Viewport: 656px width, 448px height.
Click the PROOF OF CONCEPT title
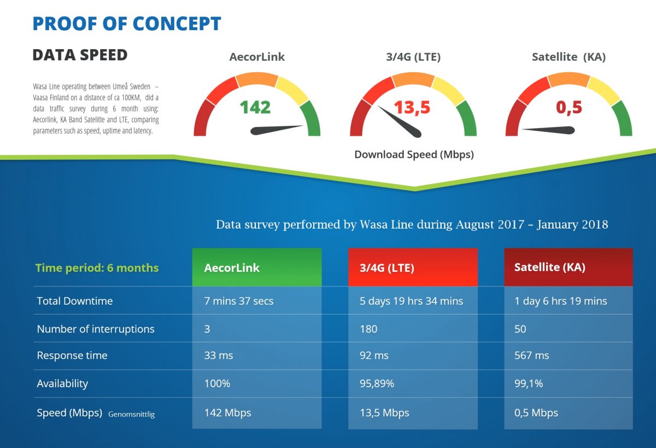[127, 24]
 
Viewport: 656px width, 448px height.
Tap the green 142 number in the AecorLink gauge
[255, 107]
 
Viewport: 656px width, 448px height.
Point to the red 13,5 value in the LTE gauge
[412, 107]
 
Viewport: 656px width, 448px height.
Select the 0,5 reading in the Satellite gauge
[569, 107]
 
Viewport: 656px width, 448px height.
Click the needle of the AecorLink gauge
[276, 130]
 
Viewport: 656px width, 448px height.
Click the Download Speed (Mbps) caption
[414, 154]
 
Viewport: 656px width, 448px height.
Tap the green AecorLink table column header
[256, 267]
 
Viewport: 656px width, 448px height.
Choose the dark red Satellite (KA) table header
[568, 267]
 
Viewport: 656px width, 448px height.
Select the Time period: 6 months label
[97, 268]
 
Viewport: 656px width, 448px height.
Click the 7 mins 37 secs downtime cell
[239, 301]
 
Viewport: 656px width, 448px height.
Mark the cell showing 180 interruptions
[368, 329]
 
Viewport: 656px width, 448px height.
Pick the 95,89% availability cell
[377, 383]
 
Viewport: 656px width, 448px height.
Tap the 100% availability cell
[217, 383]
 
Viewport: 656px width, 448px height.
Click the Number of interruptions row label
[96, 329]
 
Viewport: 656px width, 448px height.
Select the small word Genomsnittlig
[131, 414]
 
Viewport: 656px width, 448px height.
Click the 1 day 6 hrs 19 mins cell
[561, 301]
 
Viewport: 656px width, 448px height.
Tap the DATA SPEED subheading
[80, 55]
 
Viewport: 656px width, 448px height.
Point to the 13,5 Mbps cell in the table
[384, 413]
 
